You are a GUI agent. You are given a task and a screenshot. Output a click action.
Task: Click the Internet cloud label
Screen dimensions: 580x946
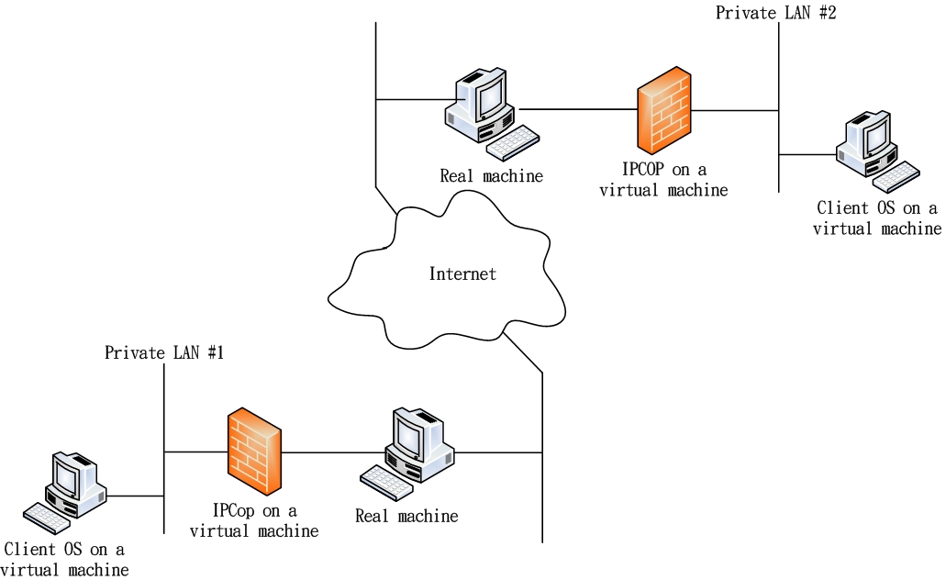(462, 273)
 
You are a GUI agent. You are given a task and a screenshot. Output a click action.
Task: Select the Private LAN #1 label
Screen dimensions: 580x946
(164, 352)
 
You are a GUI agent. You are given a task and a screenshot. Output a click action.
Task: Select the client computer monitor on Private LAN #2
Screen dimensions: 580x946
(873, 135)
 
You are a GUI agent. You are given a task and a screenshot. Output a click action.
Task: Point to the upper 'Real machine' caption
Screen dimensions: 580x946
(491, 175)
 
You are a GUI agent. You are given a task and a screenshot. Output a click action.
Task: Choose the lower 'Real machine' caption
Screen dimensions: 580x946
(406, 516)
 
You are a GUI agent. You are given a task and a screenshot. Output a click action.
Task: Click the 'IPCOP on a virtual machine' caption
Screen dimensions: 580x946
(663, 181)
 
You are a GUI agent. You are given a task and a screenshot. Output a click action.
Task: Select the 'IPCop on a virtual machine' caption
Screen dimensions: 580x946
(254, 521)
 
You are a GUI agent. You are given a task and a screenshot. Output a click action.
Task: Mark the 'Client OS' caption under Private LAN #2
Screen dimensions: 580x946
(876, 218)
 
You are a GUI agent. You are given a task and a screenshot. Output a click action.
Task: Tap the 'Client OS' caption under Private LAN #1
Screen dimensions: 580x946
(64, 560)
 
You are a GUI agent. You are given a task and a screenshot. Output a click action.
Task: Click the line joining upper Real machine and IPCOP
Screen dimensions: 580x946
(578, 109)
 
